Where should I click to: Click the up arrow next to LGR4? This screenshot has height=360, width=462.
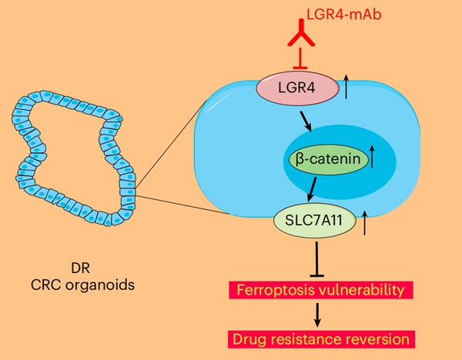(x=348, y=86)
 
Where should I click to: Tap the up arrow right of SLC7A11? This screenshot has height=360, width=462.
(x=355, y=222)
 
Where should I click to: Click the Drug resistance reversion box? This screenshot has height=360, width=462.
(x=318, y=338)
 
